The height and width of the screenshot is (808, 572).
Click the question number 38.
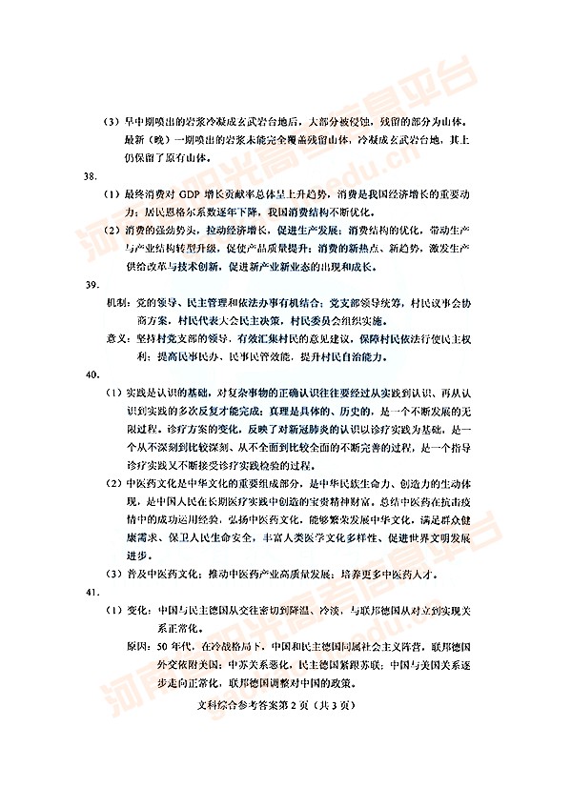pyautogui.click(x=92, y=177)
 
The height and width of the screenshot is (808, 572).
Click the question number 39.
pyautogui.click(x=92, y=284)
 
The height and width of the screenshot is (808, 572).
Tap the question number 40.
pyautogui.click(x=92, y=374)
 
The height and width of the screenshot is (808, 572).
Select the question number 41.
pyautogui.click(x=92, y=593)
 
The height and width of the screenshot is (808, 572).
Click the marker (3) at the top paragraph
pyautogui.click(x=113, y=122)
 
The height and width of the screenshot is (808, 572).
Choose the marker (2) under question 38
pyautogui.click(x=113, y=231)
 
